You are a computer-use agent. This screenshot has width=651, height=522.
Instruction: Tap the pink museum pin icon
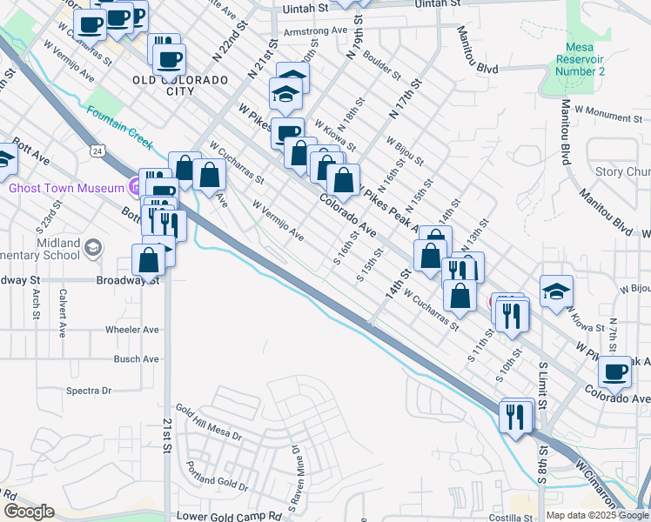click(134, 185)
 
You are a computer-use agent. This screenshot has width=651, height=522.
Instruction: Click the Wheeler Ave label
click(132, 330)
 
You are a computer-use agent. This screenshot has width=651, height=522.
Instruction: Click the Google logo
click(29, 512)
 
